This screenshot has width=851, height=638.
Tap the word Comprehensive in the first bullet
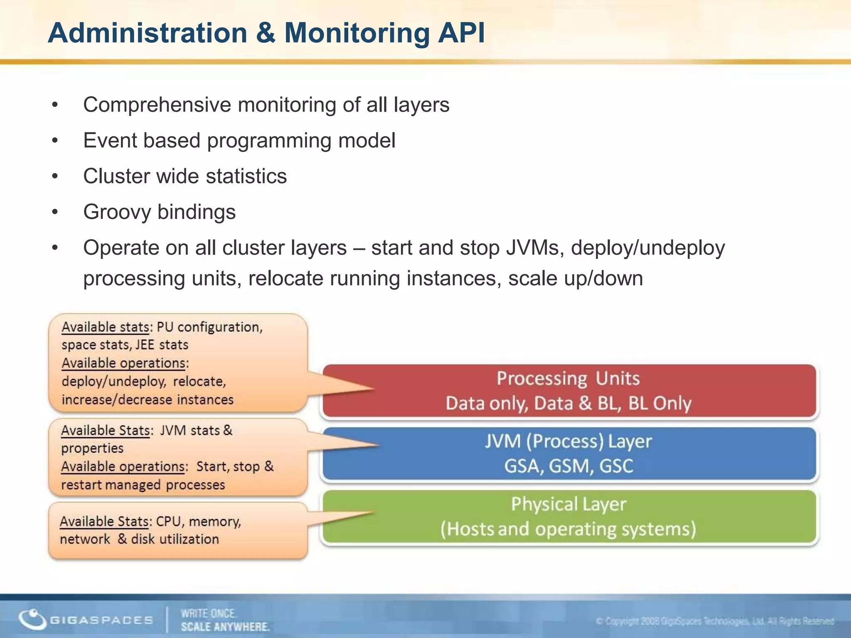(157, 105)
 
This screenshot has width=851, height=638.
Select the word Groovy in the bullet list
(117, 212)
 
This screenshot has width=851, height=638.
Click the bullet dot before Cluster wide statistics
(55, 177)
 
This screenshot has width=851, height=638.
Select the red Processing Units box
(568, 390)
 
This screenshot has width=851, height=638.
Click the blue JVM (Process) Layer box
(568, 454)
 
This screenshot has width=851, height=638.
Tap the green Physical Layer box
(568, 516)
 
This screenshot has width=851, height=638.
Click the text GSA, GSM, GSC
(568, 466)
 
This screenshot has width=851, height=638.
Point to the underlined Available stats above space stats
(105, 327)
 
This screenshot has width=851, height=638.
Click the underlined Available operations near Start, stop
(123, 467)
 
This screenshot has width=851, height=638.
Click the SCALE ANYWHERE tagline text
(225, 627)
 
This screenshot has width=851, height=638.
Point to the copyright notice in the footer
(714, 621)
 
